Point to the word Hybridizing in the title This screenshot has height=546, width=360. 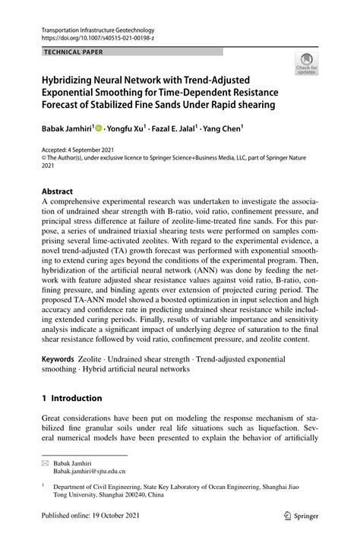pyautogui.click(x=72, y=79)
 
